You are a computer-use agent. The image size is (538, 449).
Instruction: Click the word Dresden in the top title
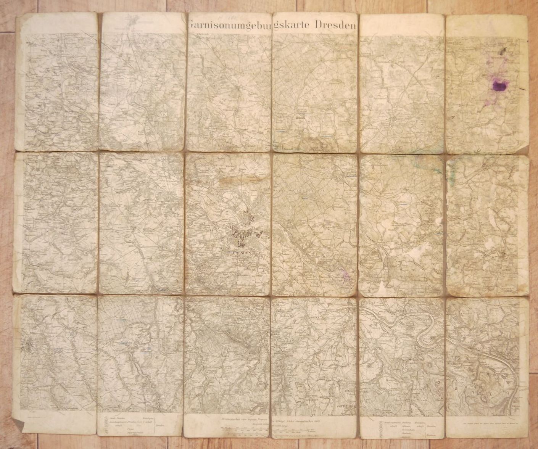point(335,25)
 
